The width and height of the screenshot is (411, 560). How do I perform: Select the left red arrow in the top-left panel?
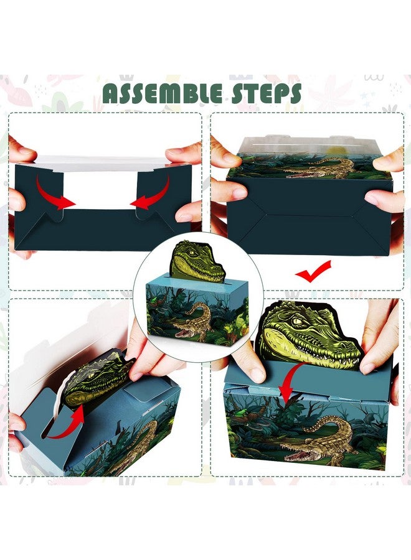point(54,192)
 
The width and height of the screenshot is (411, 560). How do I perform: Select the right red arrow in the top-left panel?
point(151,192)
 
